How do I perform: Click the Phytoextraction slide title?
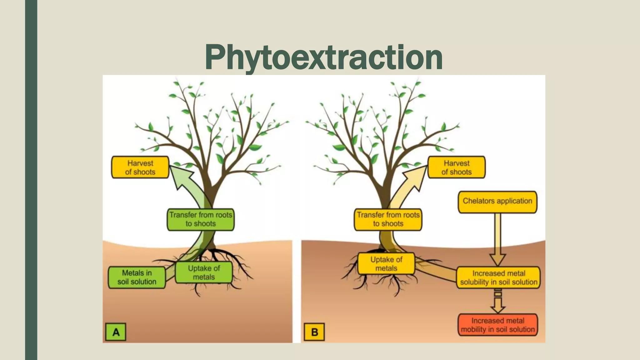pos(324,57)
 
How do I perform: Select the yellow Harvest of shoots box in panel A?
pos(140,167)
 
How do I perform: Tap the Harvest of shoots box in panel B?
pos(456,167)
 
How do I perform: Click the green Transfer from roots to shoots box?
pos(201,219)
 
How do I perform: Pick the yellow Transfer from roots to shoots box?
pos(388,219)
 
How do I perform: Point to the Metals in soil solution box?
pos(137,277)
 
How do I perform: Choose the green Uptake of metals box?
pos(204,273)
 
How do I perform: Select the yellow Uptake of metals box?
pos(386,264)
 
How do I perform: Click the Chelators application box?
pos(497,201)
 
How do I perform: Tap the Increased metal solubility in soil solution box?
pos(498,278)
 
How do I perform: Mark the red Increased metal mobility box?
pos(498,325)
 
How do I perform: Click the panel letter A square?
pos(116,332)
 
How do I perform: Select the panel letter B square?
pos(314,332)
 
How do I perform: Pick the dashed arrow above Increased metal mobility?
pos(498,302)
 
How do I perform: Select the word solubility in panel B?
pos(475,282)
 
